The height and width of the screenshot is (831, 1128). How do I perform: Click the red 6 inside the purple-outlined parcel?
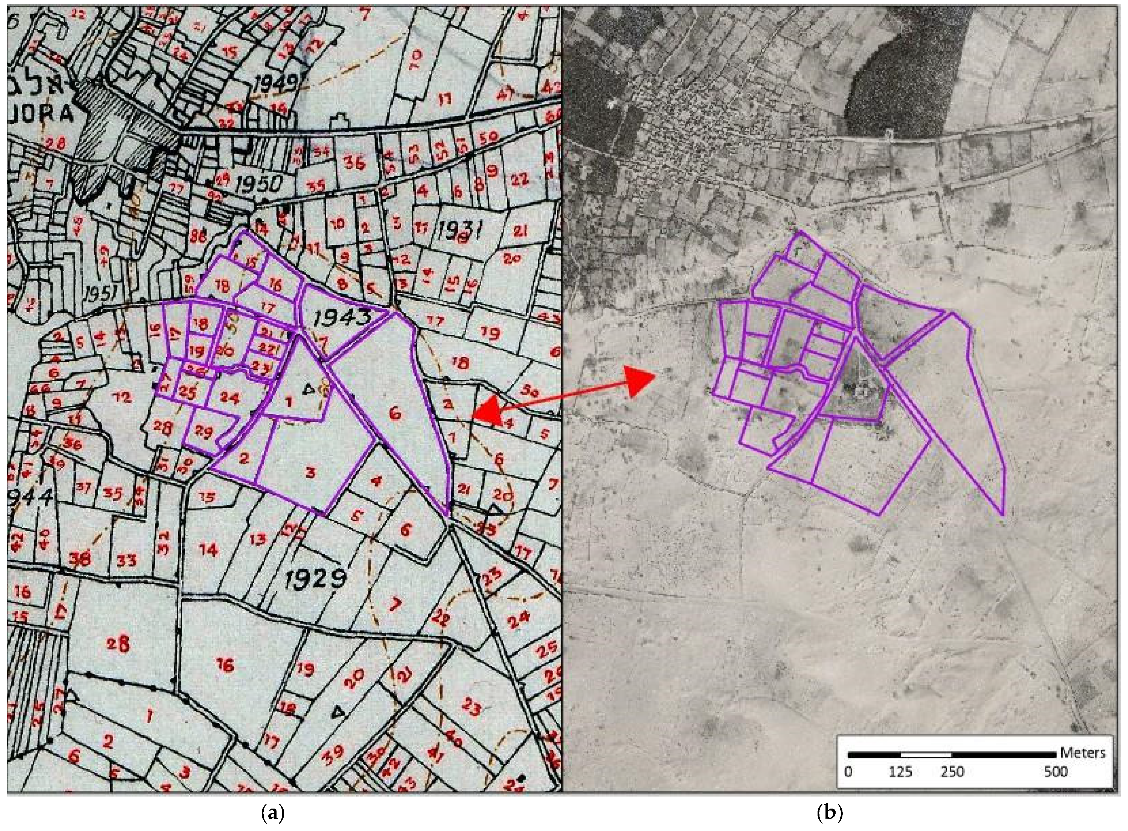pyautogui.click(x=396, y=414)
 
